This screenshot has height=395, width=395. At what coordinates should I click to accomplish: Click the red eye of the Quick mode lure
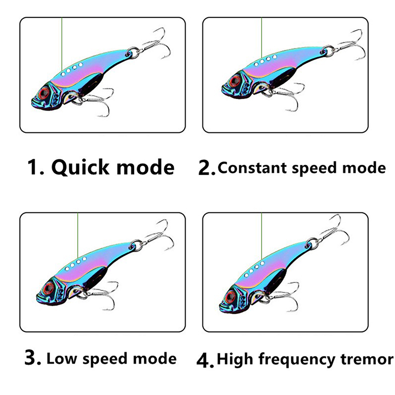pos(43,93)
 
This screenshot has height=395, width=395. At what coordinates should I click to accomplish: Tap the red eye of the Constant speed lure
pos(234,81)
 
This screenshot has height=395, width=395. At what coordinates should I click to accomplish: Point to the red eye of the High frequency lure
pos(231,296)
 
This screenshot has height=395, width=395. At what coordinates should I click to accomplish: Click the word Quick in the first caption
pos(80,167)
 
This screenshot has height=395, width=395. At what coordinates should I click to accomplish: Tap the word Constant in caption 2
pos(252,167)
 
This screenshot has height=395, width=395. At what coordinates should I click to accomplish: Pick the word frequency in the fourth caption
pos(297,359)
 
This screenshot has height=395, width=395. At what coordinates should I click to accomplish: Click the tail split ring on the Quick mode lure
pos(133,52)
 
